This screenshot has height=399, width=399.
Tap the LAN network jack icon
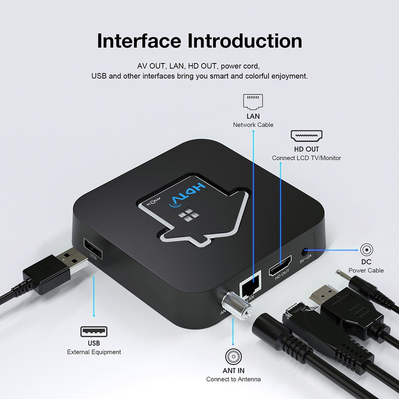point(253,102)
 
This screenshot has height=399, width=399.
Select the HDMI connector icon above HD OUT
point(306,136)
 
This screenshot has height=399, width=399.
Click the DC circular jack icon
point(366,250)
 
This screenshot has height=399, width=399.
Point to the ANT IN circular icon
point(233,356)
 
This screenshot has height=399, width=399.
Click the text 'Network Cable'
point(253,125)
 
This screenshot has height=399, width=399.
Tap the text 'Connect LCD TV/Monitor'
point(306,158)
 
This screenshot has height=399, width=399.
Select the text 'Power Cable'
point(366,270)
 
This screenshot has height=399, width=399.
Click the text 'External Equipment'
point(94,352)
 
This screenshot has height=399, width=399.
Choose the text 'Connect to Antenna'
point(233,379)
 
